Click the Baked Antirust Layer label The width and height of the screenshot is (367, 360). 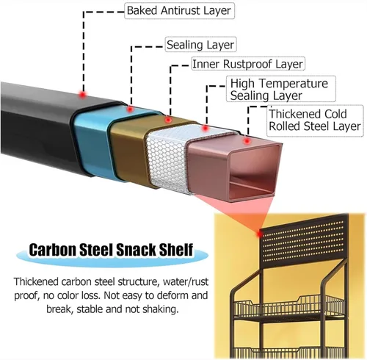coord(179,11)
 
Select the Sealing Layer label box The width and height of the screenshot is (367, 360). coord(200,45)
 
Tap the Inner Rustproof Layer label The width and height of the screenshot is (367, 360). coord(248,64)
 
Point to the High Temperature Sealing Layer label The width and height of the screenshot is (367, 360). coord(281,89)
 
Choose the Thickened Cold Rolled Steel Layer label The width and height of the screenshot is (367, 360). coord(315,120)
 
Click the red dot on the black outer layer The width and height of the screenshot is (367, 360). coord(83,94)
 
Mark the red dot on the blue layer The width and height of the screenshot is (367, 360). coord(131,109)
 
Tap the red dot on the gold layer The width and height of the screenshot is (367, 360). coord(168,120)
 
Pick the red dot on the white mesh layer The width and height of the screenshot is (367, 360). coord(206,128)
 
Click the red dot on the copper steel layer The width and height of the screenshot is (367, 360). coord(247,141)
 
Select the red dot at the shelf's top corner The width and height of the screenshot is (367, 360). coord(259,234)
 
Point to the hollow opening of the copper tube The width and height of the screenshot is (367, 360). coord(253,171)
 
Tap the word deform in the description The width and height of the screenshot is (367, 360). coord(174,295)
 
